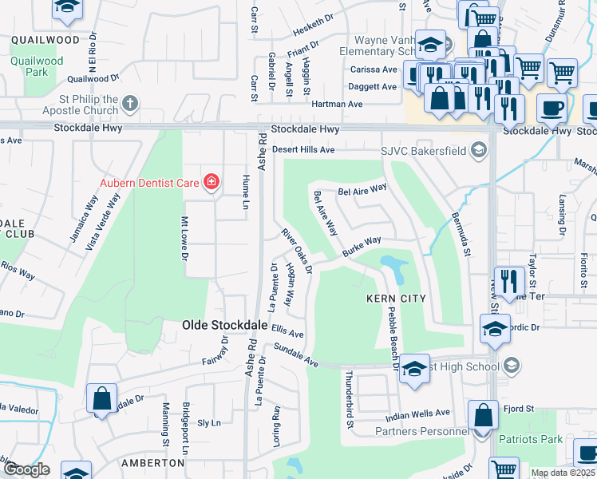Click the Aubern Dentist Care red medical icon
pyautogui.click(x=211, y=183)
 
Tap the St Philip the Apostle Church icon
pyautogui.click(x=130, y=103)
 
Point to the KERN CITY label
pyautogui.click(x=396, y=299)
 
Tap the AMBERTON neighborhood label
pyautogui.click(x=152, y=463)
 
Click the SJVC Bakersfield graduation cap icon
pyautogui.click(x=478, y=149)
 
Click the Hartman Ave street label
pyautogui.click(x=337, y=105)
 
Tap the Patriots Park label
pyautogui.click(x=530, y=439)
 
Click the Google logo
pyautogui.click(x=27, y=470)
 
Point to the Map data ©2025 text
pyautogui.click(x=563, y=473)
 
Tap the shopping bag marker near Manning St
pyautogui.click(x=102, y=398)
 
